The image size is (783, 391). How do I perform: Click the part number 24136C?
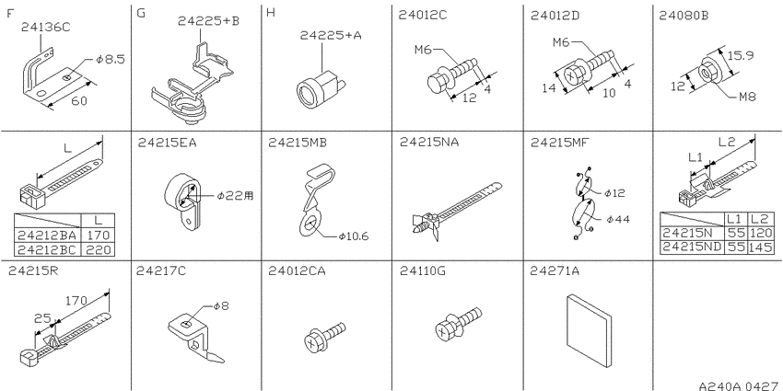pyautogui.click(x=46, y=28)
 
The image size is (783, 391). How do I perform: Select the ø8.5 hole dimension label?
pyautogui.click(x=111, y=61)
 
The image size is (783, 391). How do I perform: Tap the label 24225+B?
pyautogui.click(x=208, y=21)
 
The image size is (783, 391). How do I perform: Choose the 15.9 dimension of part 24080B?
pyautogui.click(x=741, y=56)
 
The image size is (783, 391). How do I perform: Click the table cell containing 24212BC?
pyautogui.click(x=47, y=249)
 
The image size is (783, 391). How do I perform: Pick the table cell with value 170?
pyautogui.click(x=99, y=236)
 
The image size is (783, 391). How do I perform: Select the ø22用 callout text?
pyautogui.click(x=235, y=196)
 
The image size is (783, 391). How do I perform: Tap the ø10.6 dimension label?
pyautogui.click(x=354, y=236)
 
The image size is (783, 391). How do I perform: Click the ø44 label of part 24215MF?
pyautogui.click(x=619, y=220)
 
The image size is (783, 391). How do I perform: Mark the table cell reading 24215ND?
pyautogui.click(x=693, y=247)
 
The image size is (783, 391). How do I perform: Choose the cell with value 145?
pyautogui.click(x=761, y=247)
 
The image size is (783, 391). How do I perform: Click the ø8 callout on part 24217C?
pyautogui.click(x=221, y=306)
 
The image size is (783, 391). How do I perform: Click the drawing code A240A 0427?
pyautogui.click(x=738, y=385)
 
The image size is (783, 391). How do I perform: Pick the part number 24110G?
pyautogui.click(x=423, y=270)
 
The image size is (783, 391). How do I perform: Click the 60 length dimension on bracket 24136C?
pyautogui.click(x=79, y=100)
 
